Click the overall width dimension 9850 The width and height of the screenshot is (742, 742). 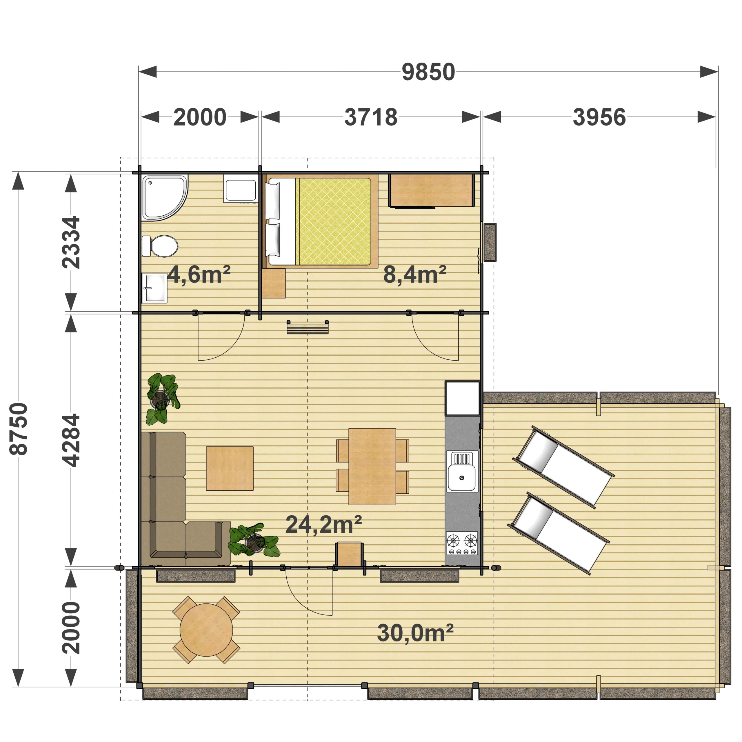[428, 72]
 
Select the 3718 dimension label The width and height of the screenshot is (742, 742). [371, 117]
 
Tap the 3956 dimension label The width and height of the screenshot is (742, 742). [599, 117]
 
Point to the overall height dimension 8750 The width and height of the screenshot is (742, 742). [19, 429]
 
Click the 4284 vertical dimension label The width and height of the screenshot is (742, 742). [71, 440]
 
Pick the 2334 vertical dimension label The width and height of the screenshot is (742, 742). [71, 242]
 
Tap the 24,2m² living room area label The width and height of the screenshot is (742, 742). [324, 525]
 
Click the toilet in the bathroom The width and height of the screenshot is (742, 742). [160, 246]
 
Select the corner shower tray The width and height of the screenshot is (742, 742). [164, 198]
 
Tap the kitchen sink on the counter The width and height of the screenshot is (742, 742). [462, 472]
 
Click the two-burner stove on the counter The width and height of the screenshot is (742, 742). [462, 543]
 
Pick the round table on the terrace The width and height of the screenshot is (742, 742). [206, 630]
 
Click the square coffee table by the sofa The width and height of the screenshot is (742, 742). [230, 468]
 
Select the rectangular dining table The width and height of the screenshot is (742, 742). [372, 466]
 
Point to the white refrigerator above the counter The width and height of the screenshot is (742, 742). [462, 399]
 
